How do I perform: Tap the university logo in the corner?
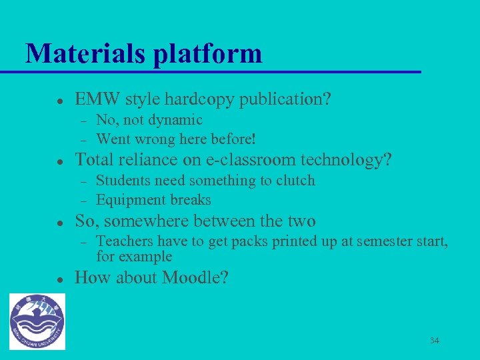[37, 321]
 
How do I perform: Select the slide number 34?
[434, 341]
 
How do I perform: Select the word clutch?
[295, 181]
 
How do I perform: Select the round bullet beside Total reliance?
[59, 161]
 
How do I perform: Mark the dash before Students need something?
[84, 181]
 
